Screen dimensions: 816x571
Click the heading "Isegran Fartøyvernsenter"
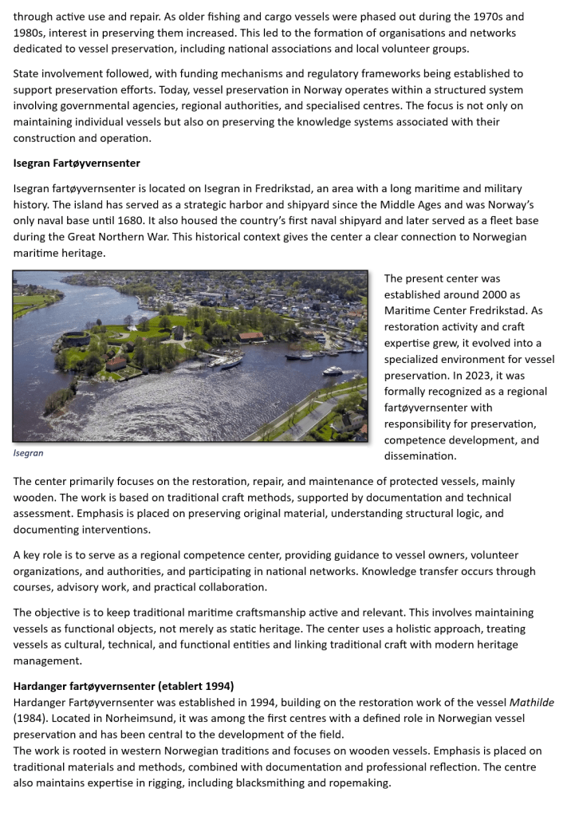[77, 164]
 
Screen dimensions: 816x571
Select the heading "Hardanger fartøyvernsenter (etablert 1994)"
[123, 686]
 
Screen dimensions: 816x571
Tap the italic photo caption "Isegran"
[29, 453]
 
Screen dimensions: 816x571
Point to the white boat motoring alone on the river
[333, 370]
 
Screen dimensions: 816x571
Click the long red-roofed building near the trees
[250, 336]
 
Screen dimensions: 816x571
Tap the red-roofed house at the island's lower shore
[117, 362]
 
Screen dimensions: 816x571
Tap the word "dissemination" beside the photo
[420, 456]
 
